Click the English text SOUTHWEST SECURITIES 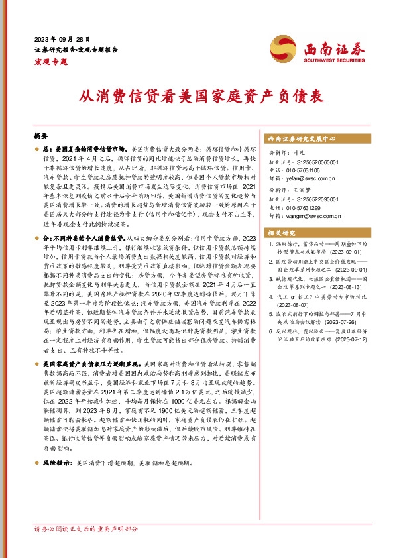click(x=329, y=59)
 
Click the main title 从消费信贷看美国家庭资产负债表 click(x=197, y=96)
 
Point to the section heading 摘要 click(x=42, y=134)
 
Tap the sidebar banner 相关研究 click(x=283, y=233)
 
